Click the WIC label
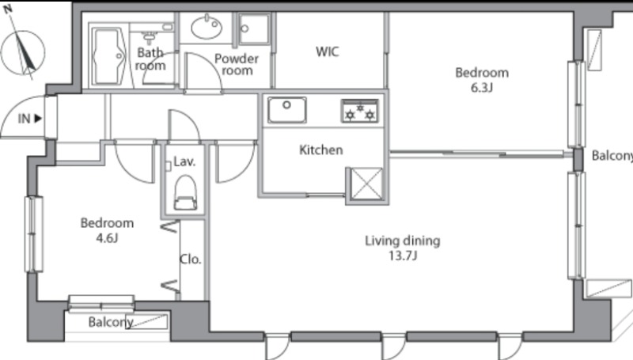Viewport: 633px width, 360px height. click(x=327, y=51)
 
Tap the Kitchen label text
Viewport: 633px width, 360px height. click(x=321, y=150)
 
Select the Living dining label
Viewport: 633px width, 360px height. click(x=403, y=241)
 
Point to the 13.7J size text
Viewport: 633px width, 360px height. click(x=403, y=256)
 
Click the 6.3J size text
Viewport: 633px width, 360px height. click(x=482, y=87)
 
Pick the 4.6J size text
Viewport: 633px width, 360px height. click(x=107, y=237)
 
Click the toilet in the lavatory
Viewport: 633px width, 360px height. click(x=185, y=192)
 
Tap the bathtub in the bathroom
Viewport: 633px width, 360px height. click(x=108, y=55)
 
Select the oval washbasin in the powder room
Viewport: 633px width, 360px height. click(x=207, y=28)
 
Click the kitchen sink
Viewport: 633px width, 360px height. click(x=286, y=109)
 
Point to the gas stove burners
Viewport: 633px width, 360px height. click(x=360, y=111)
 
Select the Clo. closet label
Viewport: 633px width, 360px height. click(x=191, y=259)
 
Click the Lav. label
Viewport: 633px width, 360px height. click(x=184, y=162)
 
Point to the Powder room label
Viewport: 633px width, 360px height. click(x=237, y=65)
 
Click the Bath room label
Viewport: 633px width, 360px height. click(x=150, y=59)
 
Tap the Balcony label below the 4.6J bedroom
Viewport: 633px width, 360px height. click(x=111, y=322)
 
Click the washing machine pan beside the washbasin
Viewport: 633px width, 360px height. click(x=254, y=28)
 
